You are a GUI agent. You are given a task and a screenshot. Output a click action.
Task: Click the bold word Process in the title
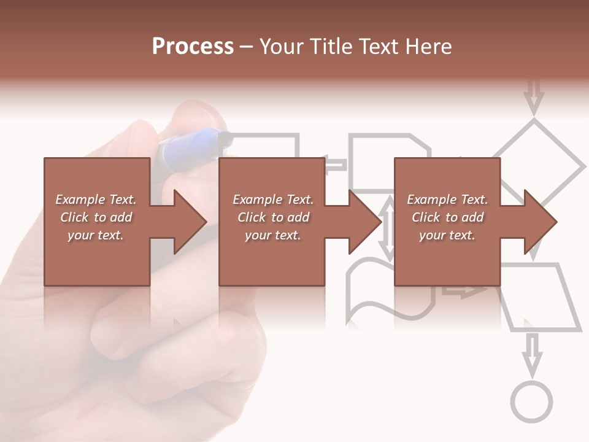click(x=193, y=46)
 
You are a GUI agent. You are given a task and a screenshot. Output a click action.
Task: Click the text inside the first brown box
click(x=96, y=217)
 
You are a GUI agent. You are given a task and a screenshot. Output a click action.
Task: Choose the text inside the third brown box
click(x=447, y=217)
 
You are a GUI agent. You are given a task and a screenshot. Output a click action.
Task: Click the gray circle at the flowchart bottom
click(x=531, y=402)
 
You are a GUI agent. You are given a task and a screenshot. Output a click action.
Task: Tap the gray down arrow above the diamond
click(x=534, y=96)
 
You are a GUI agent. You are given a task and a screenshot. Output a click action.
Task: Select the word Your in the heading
click(x=283, y=46)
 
